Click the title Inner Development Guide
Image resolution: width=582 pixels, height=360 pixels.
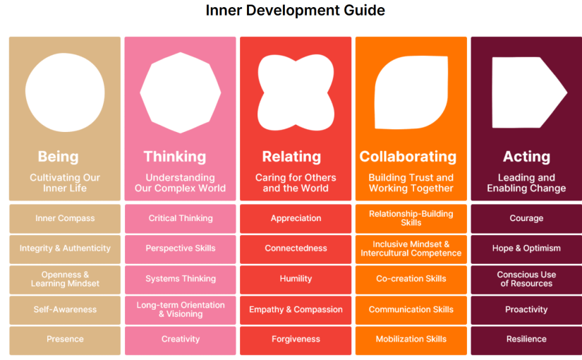pyautogui.click(x=295, y=11)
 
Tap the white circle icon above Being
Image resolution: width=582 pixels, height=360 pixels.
pyautogui.click(x=65, y=92)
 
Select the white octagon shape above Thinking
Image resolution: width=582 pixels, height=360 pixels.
pyautogui.click(x=181, y=92)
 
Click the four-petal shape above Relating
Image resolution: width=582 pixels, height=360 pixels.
pyautogui.click(x=296, y=92)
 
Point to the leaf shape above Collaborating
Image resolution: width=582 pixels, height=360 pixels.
pyautogui.click(x=411, y=92)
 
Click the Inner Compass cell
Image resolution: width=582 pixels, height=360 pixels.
pyautogui.click(x=65, y=218)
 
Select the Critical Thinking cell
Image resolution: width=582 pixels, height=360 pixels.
pyautogui.click(x=181, y=218)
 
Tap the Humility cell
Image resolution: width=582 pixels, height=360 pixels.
pyautogui.click(x=296, y=279)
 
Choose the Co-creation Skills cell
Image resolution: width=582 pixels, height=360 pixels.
pyautogui.click(x=411, y=279)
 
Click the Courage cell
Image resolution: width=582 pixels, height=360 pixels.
pyautogui.click(x=526, y=218)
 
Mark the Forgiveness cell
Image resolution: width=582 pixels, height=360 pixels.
pyautogui.click(x=296, y=340)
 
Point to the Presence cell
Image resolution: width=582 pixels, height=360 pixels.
pyautogui.click(x=65, y=340)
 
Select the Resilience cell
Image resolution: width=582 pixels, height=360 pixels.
pyautogui.click(x=526, y=340)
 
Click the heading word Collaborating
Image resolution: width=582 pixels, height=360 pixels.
pyautogui.click(x=408, y=157)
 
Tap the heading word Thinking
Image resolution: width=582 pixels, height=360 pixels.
pyautogui.click(x=175, y=157)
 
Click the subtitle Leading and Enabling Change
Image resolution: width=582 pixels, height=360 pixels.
pyautogui.click(x=526, y=183)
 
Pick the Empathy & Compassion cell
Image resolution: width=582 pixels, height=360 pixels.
pyautogui.click(x=296, y=309)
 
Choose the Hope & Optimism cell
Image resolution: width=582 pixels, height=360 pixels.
pyautogui.click(x=526, y=248)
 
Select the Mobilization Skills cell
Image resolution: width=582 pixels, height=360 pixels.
pyautogui.click(x=411, y=340)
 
